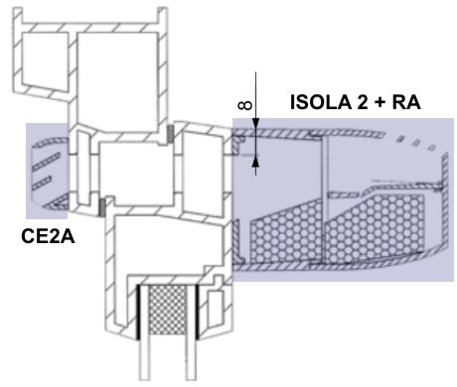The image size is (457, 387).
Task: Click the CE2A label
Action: (48, 237)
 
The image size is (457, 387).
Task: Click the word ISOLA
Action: (320, 102)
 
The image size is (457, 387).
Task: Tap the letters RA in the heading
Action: (406, 102)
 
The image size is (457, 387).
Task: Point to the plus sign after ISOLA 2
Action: (380, 103)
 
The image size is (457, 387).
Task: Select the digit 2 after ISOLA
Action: (362, 102)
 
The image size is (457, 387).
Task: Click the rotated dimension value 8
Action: (245, 105)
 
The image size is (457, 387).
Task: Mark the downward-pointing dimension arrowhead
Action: (255, 124)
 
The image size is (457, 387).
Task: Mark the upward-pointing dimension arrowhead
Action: (255, 162)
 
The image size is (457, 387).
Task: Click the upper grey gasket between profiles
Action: (170, 134)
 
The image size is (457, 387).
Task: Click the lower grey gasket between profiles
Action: (102, 206)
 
